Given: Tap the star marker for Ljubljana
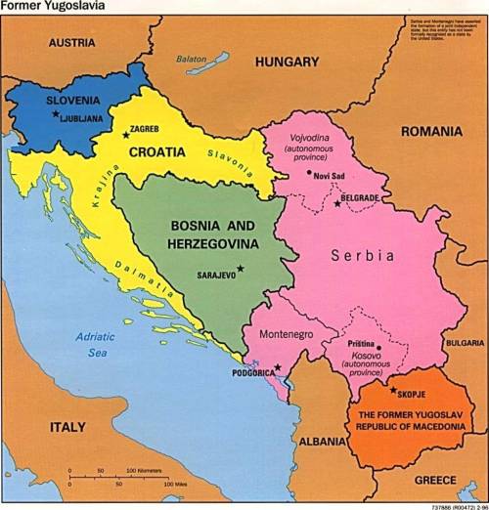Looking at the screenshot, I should pos(55,114).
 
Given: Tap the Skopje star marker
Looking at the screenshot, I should pos(393,390).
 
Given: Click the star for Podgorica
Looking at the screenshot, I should pos(278,367).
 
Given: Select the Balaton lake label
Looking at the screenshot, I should pos(192,59).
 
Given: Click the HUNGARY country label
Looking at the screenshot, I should pos(287,62).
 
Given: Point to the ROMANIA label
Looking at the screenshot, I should pos(431,129).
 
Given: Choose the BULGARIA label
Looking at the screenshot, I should pos(463,343).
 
